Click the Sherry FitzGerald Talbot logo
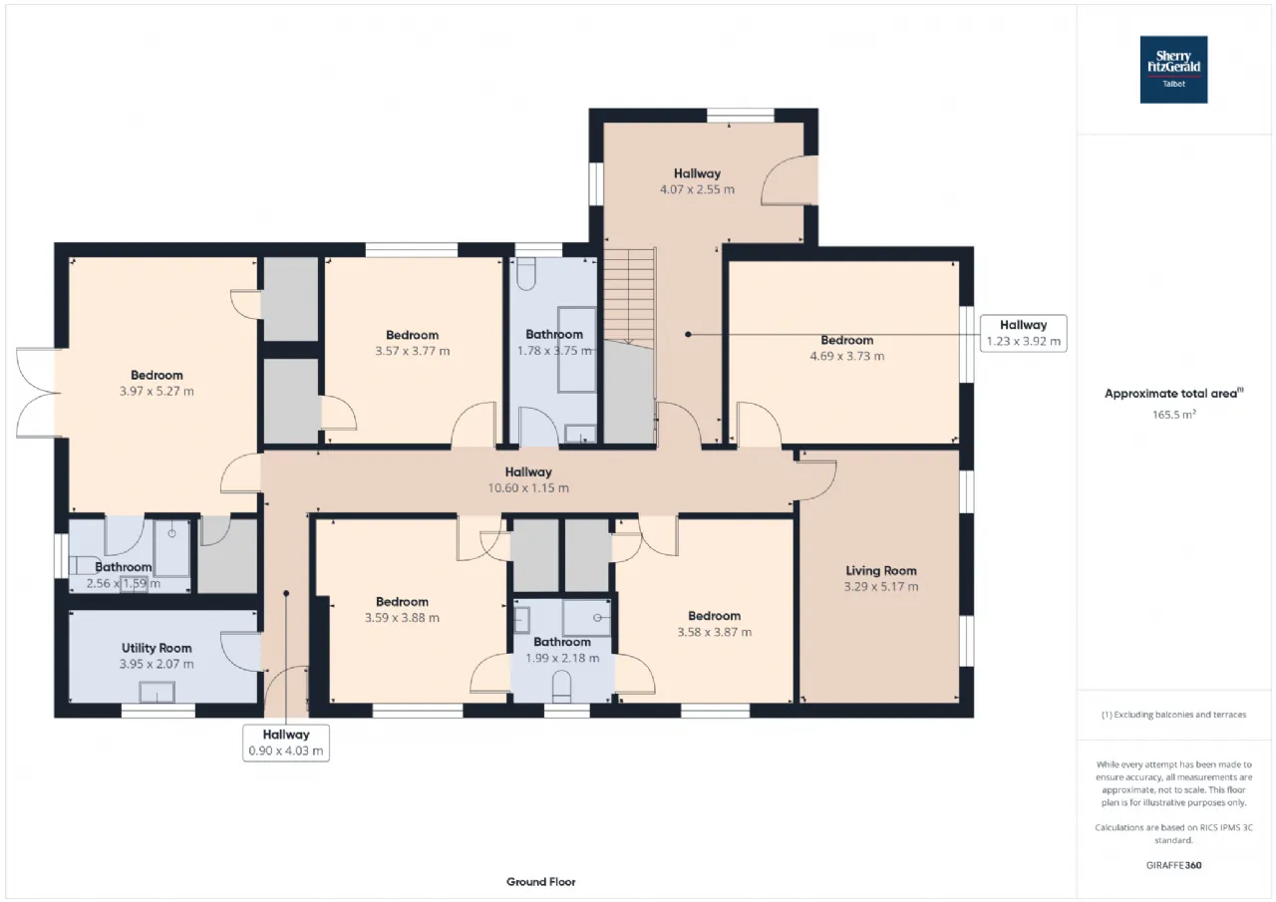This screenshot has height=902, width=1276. tap(1173, 70)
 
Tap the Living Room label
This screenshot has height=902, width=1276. tap(880, 570)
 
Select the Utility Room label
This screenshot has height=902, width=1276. tap(157, 648)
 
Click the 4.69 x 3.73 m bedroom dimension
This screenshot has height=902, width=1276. tap(847, 357)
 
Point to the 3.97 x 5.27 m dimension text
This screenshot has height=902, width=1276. tap(157, 392)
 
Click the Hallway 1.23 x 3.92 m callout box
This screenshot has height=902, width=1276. tap(1023, 333)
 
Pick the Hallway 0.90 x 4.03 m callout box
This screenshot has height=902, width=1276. tap(286, 743)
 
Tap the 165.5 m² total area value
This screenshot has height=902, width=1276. tap(1173, 415)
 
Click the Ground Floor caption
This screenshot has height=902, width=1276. tap(540, 882)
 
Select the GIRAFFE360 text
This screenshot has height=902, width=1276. tap(1173, 865)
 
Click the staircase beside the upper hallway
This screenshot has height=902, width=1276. tap(629, 299)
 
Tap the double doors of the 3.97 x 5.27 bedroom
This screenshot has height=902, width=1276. tap(38, 393)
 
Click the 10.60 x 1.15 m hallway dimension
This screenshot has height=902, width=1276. tap(528, 488)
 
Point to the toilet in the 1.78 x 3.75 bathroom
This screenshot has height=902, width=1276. tap(526, 274)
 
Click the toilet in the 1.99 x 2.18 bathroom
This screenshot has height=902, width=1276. tap(561, 687)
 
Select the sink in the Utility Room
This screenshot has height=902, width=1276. tap(157, 693)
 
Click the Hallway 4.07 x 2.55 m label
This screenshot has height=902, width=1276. tap(697, 181)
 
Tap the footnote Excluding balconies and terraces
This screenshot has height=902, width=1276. tap(1173, 715)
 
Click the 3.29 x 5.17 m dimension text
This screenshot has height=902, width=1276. tap(880, 586)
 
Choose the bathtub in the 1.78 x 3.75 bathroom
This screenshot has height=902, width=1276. tap(577, 350)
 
